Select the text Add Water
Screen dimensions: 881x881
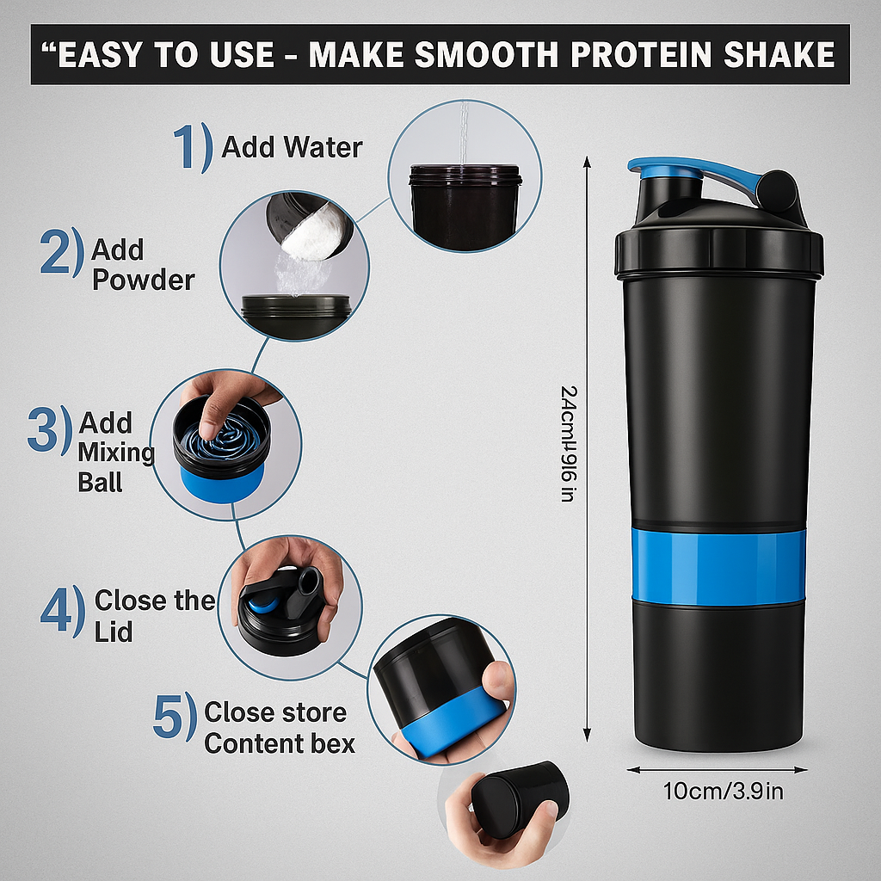(x=292, y=147)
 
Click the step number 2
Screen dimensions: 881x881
(x=62, y=253)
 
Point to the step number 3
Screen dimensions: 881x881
(x=48, y=430)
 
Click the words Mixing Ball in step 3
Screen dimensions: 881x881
(x=116, y=466)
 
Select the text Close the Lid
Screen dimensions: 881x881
(x=153, y=615)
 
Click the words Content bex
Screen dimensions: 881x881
(x=279, y=743)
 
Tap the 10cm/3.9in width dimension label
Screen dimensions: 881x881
(x=723, y=791)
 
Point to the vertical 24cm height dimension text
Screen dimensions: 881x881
(x=568, y=443)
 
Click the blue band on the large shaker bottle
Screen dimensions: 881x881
(x=718, y=567)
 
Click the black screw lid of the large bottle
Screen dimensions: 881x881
(x=718, y=250)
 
